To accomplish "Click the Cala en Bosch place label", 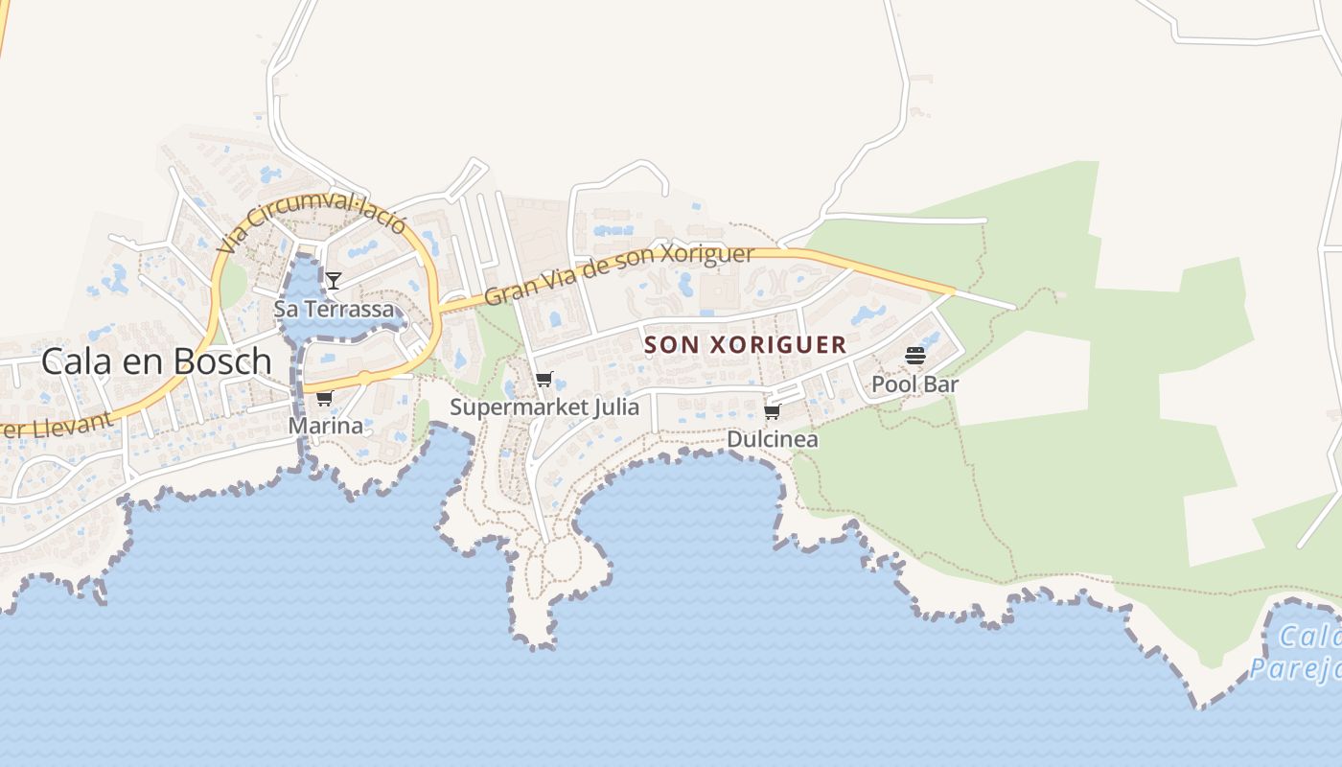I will coord(156,361).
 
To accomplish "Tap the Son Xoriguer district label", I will coord(745,344).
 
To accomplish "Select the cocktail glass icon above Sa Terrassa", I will coord(333,280).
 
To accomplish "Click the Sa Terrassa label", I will coord(334,309).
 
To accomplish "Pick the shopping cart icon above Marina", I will coord(324,398).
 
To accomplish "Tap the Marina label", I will coord(326,426).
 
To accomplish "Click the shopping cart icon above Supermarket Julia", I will coord(544,379).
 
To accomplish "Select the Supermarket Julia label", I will coord(544,407).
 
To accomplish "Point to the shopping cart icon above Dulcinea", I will coord(772,411).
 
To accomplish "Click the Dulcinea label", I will coord(773,439).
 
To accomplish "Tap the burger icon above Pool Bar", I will coord(914,356).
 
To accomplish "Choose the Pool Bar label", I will coord(914,384).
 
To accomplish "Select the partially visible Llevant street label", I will coord(58,426).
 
